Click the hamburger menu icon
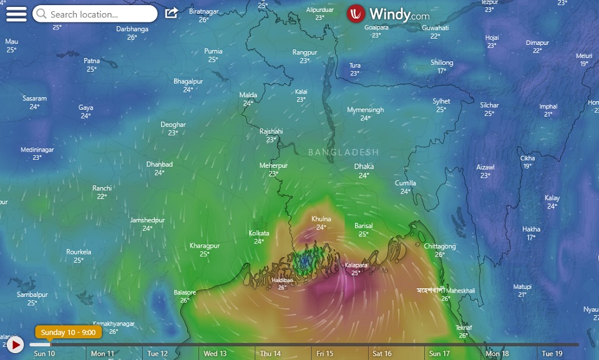point(16,14)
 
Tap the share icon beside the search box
point(171,13)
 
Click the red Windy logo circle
point(356,14)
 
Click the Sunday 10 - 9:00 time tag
point(69,333)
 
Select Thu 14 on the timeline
point(270,354)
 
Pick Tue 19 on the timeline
point(552,354)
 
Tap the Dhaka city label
point(364,167)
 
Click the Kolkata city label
point(259,233)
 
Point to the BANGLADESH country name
point(343,152)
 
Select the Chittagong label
point(440,246)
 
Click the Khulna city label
point(321,219)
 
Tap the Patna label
point(92,61)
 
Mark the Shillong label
point(442,62)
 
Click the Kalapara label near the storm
point(356,265)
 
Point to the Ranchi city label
point(102,188)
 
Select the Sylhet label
point(441,101)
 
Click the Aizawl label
point(485,167)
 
